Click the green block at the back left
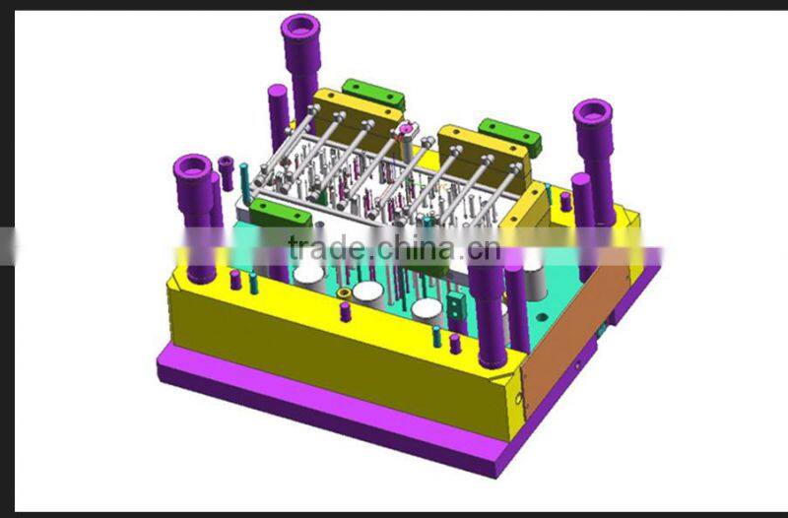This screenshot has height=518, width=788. coord(374,95)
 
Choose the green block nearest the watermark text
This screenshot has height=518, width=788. coord(281,215)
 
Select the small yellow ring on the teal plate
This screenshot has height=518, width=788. coord(344,293)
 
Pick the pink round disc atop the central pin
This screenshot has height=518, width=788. coord(404,128)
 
